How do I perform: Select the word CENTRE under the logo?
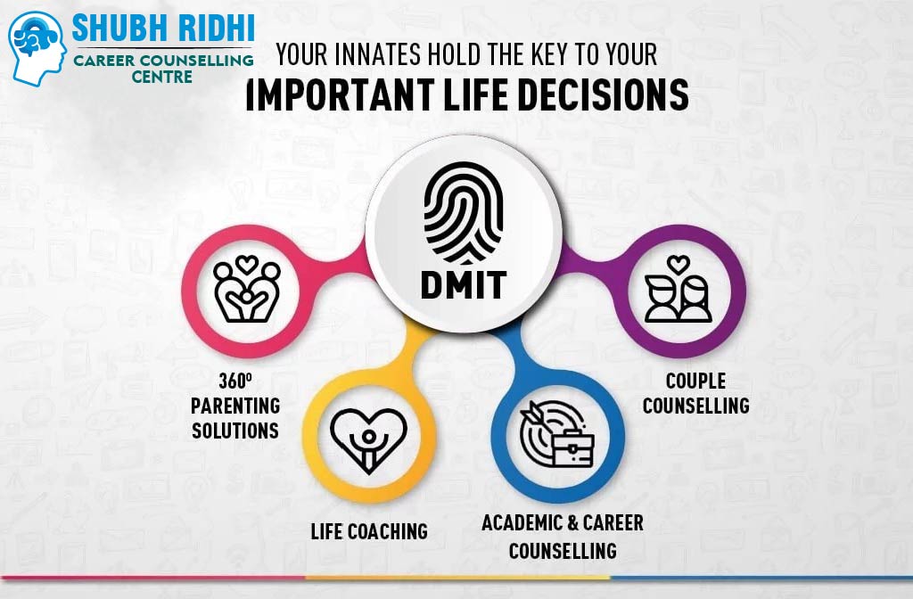tap(162, 77)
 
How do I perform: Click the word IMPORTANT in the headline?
tap(341, 94)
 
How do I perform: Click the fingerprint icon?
tap(464, 212)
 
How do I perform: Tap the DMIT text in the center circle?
tap(464, 284)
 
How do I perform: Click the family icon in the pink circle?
tap(247, 290)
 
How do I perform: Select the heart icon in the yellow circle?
tap(368, 440)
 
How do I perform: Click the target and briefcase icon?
tap(557, 434)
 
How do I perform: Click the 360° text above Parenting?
tap(235, 381)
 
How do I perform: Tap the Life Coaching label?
tap(369, 531)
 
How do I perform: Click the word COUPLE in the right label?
tap(695, 381)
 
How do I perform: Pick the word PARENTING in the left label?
tap(235, 406)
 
